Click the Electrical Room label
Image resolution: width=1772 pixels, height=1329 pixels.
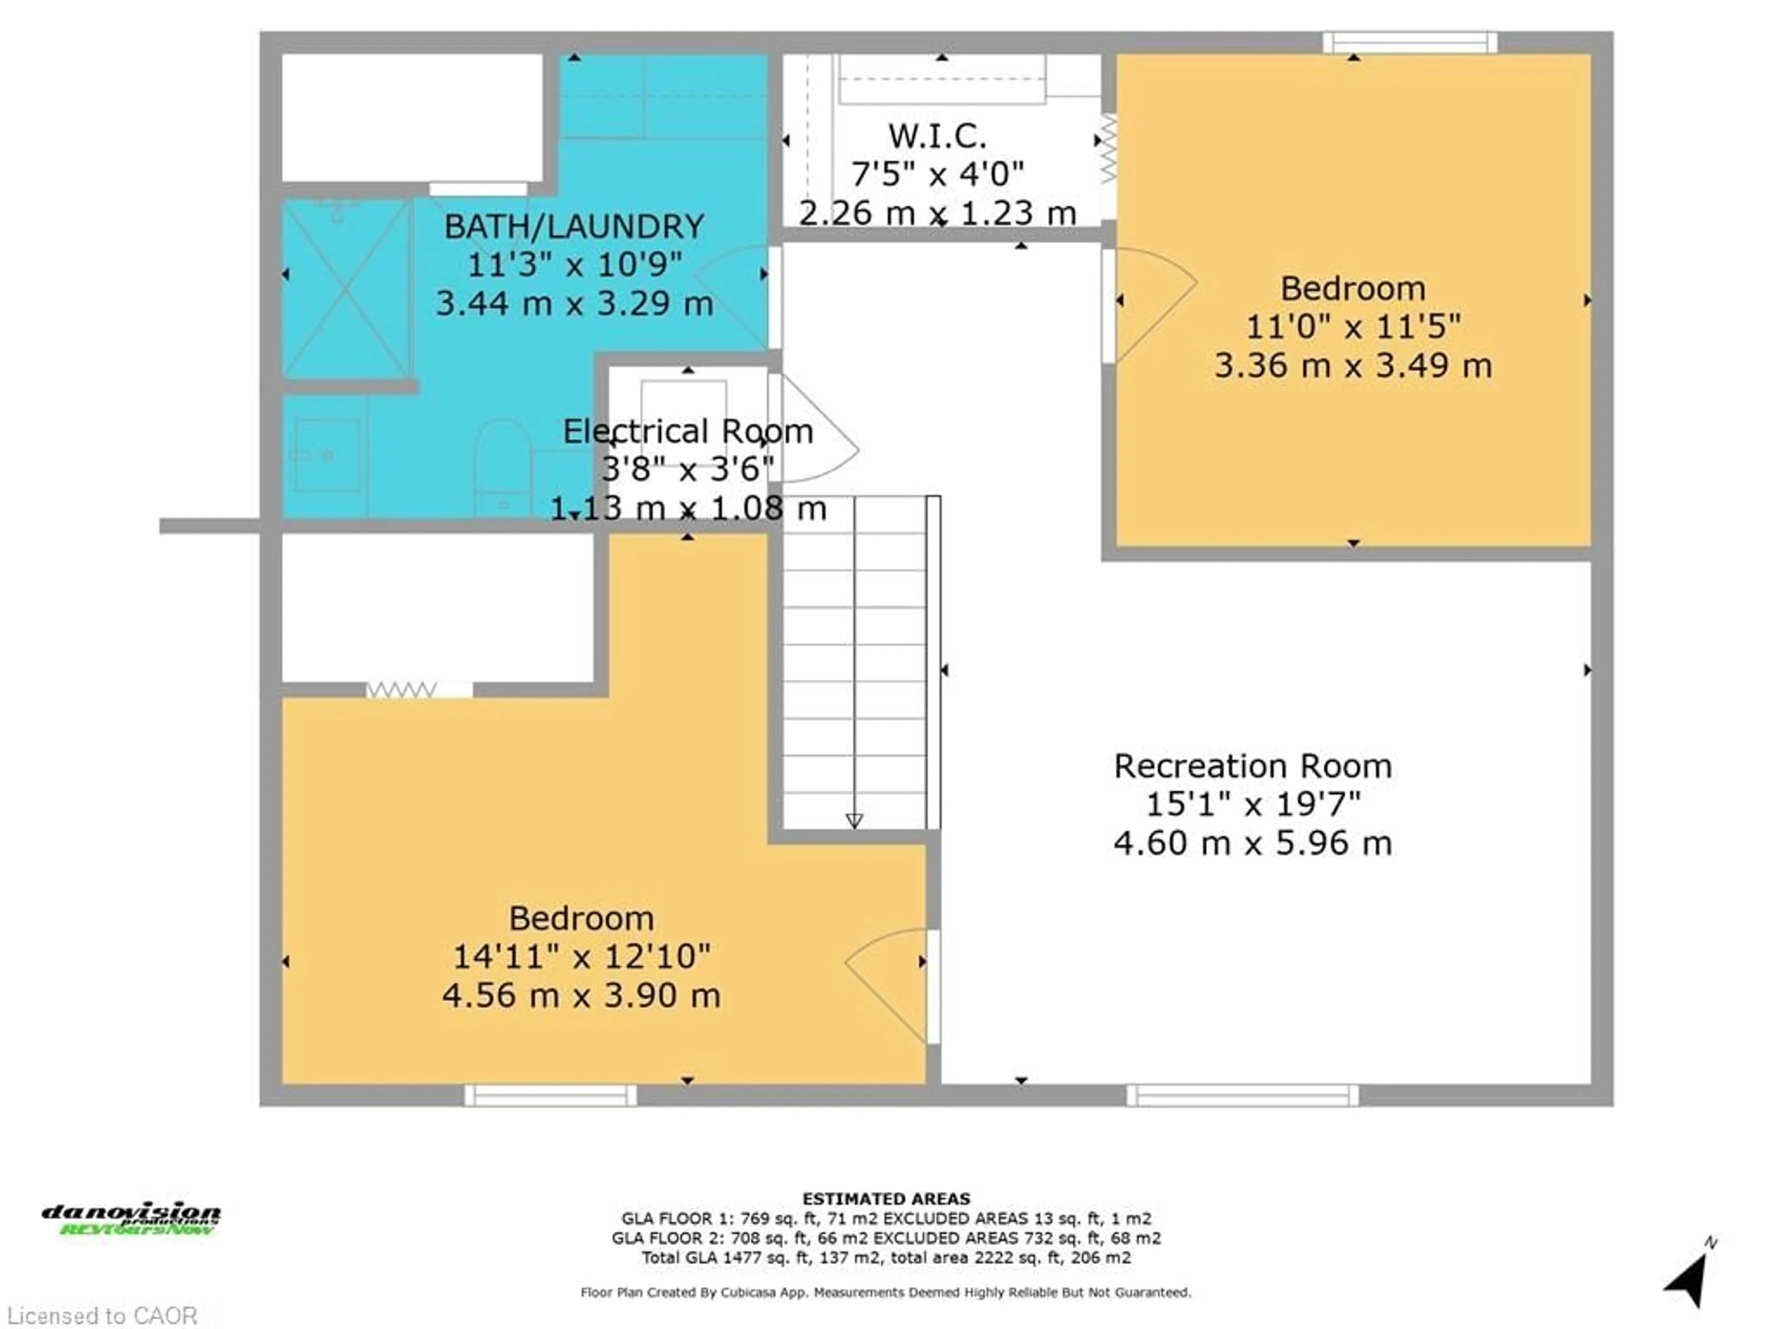687,432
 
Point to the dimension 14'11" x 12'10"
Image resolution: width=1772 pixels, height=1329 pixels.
581,957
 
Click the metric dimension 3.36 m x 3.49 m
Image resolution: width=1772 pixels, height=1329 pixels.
1353,366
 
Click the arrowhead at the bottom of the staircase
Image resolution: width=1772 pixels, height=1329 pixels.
854,820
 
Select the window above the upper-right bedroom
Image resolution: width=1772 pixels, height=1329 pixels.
1409,42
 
